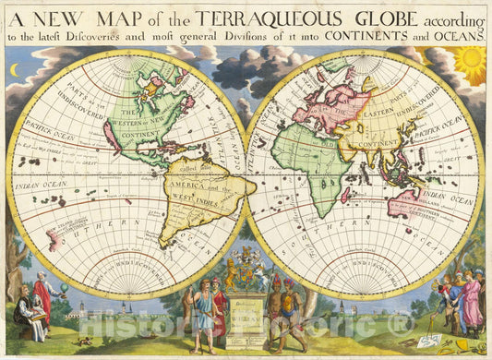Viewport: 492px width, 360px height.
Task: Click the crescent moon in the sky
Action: (x=14, y=69)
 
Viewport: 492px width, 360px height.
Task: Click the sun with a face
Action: (x=469, y=65)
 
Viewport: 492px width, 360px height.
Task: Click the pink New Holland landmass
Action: (x=407, y=204)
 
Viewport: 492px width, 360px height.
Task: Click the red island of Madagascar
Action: (x=345, y=195)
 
